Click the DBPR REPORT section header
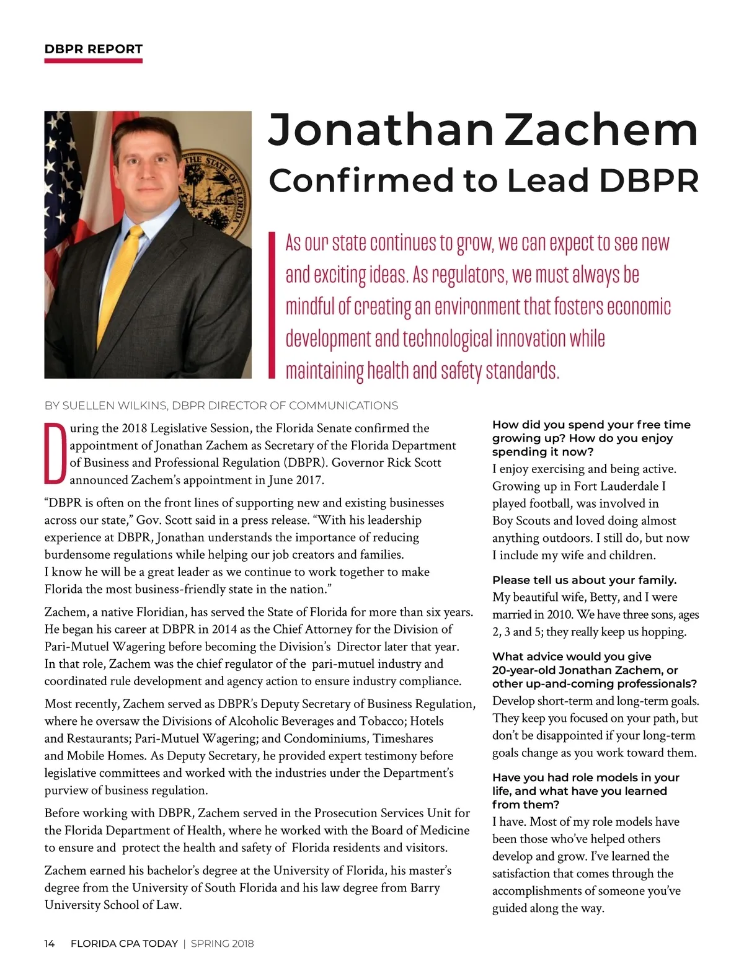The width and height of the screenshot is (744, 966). click(94, 49)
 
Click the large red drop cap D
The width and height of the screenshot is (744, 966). click(55, 454)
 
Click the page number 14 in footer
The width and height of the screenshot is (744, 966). click(50, 944)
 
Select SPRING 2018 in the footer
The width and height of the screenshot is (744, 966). click(222, 944)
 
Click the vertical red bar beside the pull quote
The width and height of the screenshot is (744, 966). click(271, 304)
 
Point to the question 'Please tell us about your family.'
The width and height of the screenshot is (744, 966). click(584, 580)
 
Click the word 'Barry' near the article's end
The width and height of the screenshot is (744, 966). click(425, 887)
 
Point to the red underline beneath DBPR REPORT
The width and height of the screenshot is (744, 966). click(94, 61)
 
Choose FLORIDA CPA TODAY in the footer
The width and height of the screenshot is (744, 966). click(124, 944)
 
